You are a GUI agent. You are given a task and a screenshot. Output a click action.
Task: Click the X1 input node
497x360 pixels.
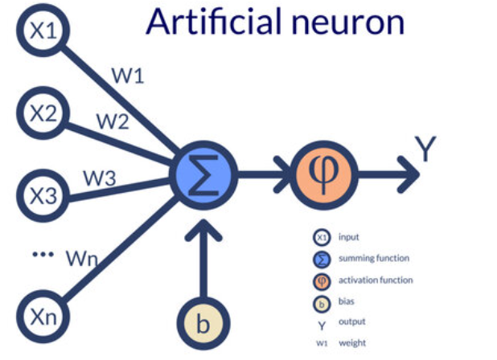pos(40,30)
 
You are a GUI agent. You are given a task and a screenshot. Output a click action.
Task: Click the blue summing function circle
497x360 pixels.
pos(203,171)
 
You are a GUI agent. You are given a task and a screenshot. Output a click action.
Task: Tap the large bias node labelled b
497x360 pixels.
pos(203,325)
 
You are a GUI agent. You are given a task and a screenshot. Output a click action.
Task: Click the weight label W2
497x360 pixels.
pos(115,121)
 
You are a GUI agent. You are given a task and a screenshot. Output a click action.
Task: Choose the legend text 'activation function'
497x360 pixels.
pos(376,280)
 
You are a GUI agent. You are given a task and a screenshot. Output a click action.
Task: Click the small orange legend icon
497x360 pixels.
pos(322,280)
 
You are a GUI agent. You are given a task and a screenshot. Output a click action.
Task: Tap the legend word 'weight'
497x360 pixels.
pos(352,343)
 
